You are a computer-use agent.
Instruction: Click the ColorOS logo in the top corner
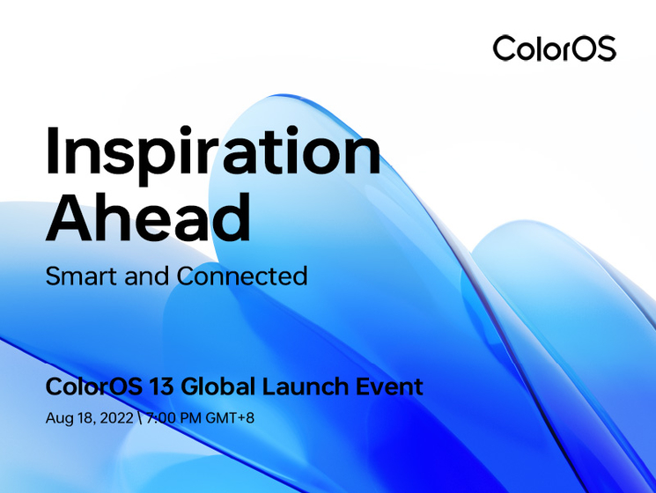pos(554,48)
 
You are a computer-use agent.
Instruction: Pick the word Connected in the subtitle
pos(242,276)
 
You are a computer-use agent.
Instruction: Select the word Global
pos(212,386)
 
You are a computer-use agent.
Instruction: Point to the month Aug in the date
pos(57,418)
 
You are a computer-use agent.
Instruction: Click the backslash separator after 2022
pos(140,418)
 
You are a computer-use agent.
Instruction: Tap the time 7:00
pos(161,418)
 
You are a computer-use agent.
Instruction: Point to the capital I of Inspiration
pos(54,151)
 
